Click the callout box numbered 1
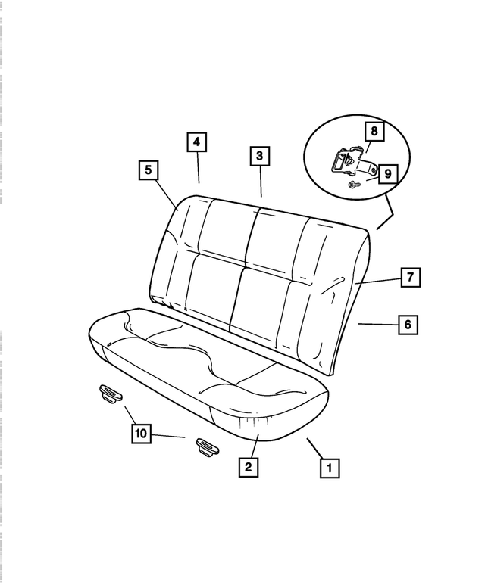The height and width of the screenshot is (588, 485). point(328,468)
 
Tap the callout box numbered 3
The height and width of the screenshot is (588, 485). point(259,157)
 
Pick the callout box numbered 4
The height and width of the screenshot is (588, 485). point(196,142)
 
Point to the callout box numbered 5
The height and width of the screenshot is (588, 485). point(148,170)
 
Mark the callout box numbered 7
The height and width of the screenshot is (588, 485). point(409,278)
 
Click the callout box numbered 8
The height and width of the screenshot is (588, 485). point(374,131)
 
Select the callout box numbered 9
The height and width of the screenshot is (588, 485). point(386,174)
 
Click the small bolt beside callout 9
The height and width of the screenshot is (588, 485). point(353,183)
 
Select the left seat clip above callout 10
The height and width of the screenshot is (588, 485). point(110,391)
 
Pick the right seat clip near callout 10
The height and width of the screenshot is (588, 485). point(205,446)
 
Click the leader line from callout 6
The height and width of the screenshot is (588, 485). point(377,324)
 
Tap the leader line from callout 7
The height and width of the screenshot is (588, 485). point(377,281)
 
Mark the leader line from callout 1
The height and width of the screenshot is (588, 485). point(314,447)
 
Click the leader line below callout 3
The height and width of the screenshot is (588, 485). point(261,182)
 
